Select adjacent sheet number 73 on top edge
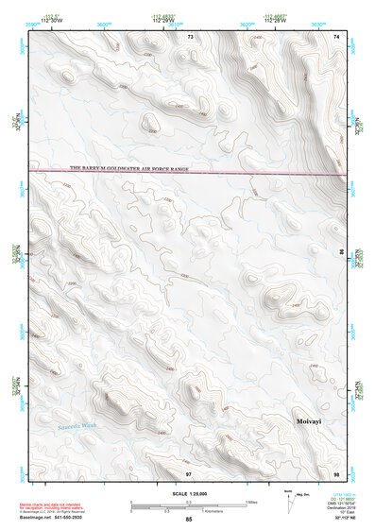(190, 36)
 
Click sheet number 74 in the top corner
(337, 36)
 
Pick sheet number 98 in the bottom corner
(336, 471)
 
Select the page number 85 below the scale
(189, 521)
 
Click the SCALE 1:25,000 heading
(188, 494)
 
